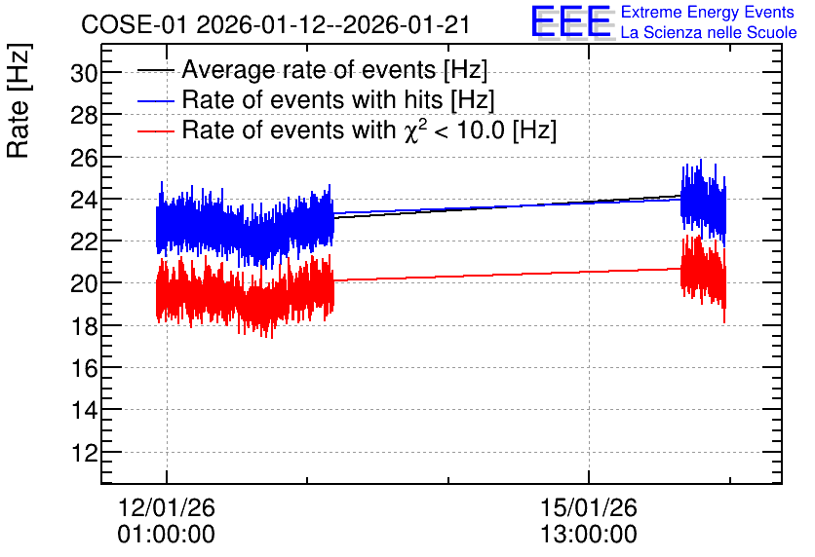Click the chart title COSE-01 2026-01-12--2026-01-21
pyautogui.click(x=276, y=24)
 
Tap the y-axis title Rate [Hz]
pyautogui.click(x=19, y=100)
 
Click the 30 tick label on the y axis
pyautogui.click(x=84, y=74)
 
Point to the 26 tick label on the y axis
pyautogui.click(x=84, y=158)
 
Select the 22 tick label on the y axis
pyautogui.click(x=84, y=241)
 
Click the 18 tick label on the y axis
pyautogui.click(x=84, y=326)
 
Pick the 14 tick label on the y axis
pyautogui.click(x=84, y=411)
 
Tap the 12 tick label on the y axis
pyautogui.click(x=84, y=453)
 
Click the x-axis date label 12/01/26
pyautogui.click(x=167, y=507)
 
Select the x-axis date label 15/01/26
pyautogui.click(x=589, y=507)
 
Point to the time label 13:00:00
pyautogui.click(x=589, y=535)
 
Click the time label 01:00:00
pyautogui.click(x=167, y=535)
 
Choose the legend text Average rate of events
pyautogui.click(x=310, y=69)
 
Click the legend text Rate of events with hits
pyautogui.click(x=313, y=99)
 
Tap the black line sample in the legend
pyautogui.click(x=155, y=70)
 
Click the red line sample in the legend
pyautogui.click(x=155, y=130)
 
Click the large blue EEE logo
pyautogui.click(x=571, y=21)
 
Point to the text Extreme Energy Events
pyautogui.click(x=708, y=12)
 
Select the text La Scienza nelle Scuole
pyautogui.click(x=709, y=32)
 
